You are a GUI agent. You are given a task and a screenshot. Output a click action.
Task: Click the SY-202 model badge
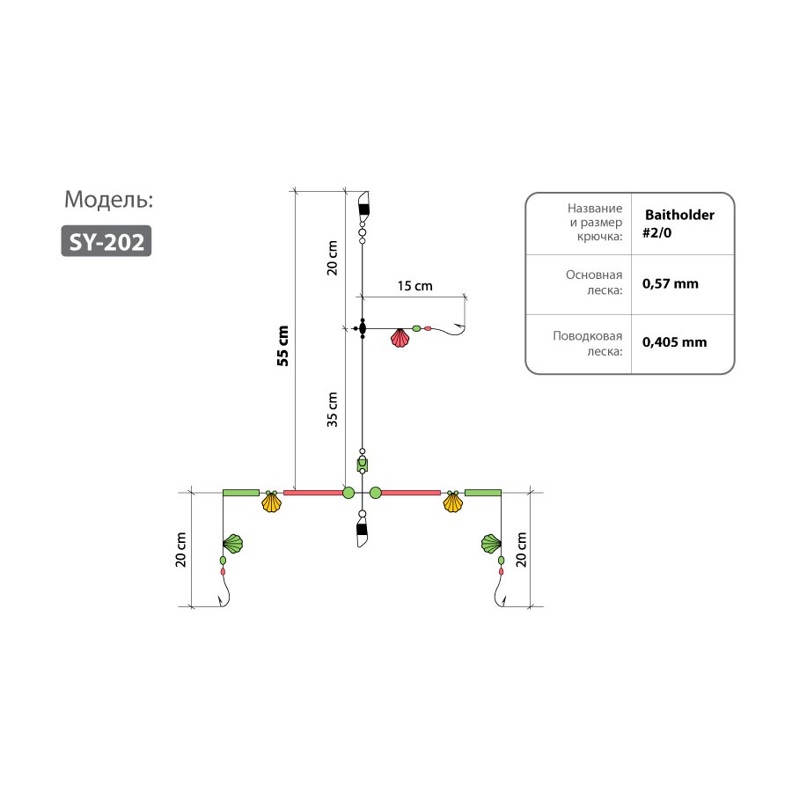tap(106, 241)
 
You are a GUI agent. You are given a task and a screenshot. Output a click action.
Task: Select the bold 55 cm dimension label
tap(282, 346)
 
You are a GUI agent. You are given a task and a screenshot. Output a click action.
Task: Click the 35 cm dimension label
tap(332, 409)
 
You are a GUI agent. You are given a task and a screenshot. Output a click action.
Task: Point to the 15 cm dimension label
tap(414, 286)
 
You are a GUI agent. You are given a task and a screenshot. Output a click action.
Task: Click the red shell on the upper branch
tap(400, 338)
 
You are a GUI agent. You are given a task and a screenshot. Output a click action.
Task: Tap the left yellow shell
tap(271, 502)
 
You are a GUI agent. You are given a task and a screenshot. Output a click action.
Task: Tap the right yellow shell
tap(453, 502)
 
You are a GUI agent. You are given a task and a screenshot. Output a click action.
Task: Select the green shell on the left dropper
tap(233, 544)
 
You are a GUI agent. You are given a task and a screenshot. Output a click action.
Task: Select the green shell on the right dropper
tap(491, 544)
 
